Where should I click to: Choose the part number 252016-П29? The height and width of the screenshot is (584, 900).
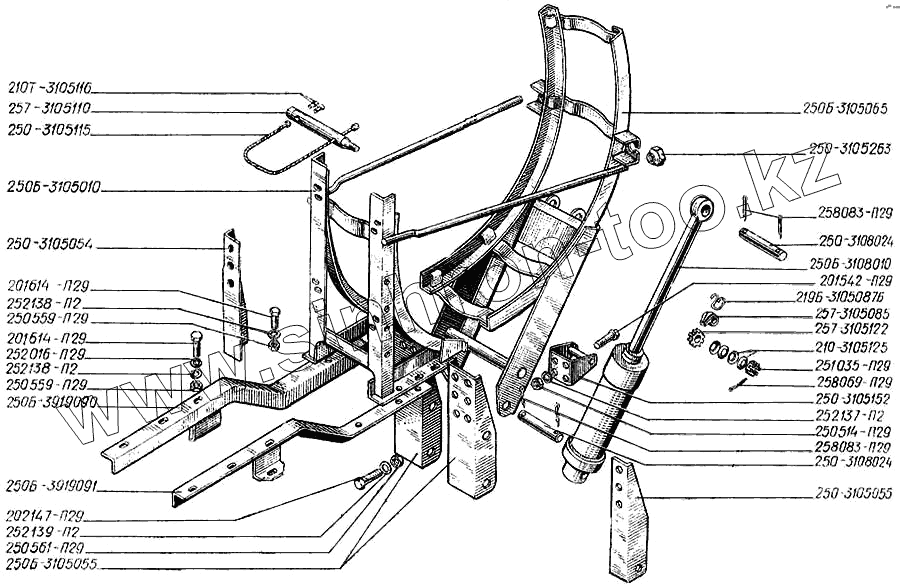[54, 354]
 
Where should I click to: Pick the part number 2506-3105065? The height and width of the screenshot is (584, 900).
[845, 108]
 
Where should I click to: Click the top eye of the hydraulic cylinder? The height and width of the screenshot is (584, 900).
[704, 207]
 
